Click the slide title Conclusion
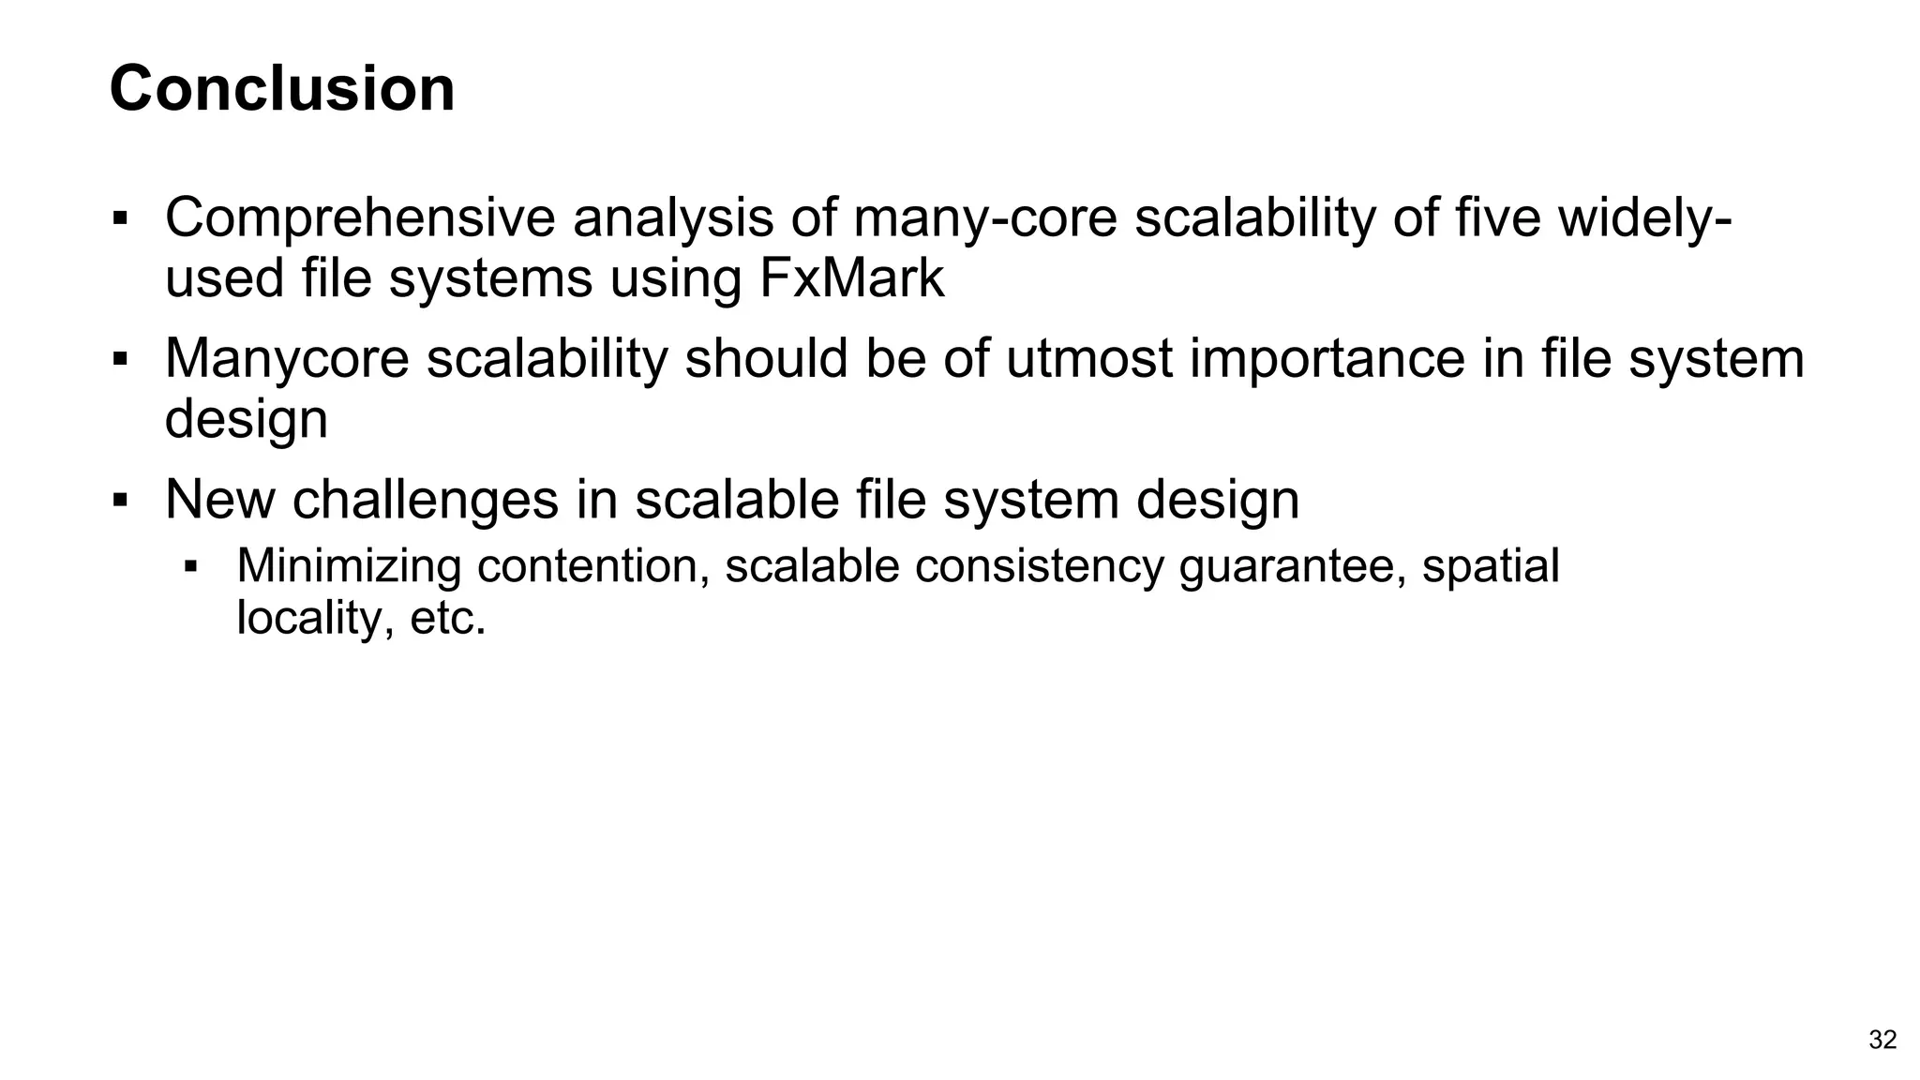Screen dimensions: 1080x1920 (282, 89)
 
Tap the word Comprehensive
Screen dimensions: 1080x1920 (360, 217)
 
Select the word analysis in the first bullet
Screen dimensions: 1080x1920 (673, 217)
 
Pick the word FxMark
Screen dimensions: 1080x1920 (851, 278)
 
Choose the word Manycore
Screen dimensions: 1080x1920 (287, 358)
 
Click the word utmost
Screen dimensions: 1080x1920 (1088, 358)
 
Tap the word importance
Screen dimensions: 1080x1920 (1327, 358)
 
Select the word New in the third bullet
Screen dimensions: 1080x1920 (219, 499)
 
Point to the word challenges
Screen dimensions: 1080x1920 (426, 499)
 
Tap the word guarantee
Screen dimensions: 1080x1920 (1292, 566)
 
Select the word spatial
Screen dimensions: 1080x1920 (1491, 566)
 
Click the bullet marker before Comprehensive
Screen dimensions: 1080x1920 (119, 219)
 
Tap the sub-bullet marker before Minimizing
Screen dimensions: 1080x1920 (190, 567)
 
